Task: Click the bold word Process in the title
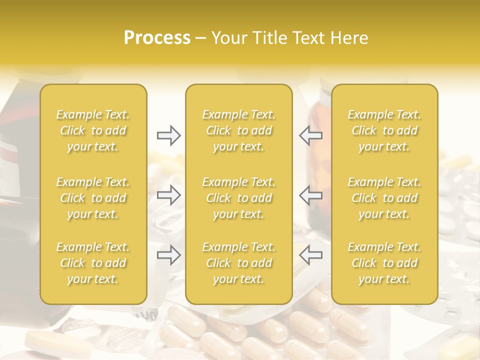[157, 38]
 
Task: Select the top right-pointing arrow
[169, 135]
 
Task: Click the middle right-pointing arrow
[169, 195]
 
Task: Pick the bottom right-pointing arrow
[169, 255]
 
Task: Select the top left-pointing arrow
[310, 135]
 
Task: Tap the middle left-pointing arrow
[310, 195]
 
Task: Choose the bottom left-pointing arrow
[310, 255]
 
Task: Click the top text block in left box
[93, 130]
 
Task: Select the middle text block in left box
[93, 198]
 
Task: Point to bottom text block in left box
[93, 263]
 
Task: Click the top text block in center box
[239, 130]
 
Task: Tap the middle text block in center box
[239, 198]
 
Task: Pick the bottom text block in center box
[239, 263]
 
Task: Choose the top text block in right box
[384, 130]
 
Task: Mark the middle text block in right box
[384, 198]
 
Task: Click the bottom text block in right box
[384, 263]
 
